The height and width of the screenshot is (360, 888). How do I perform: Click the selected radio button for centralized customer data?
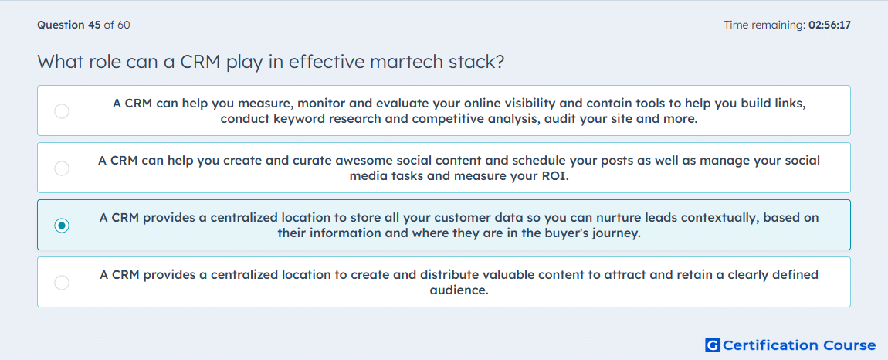coord(62,226)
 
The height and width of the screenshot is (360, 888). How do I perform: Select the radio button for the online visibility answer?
coord(62,111)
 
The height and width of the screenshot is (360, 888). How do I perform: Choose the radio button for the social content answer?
coord(62,168)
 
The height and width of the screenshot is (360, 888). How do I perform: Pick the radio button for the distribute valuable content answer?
coord(62,282)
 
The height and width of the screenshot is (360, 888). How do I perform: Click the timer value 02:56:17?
coord(830,25)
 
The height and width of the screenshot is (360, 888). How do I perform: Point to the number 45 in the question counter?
coord(94,25)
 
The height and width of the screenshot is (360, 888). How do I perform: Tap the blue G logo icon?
coord(713,345)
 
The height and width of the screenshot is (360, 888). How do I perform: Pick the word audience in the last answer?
coord(459,290)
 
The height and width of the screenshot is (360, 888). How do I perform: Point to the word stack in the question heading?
coord(477,61)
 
